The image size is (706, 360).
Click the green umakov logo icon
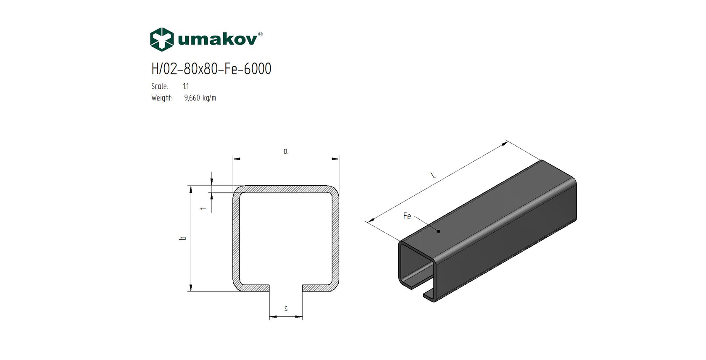tap(162, 39)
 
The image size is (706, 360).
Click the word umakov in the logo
tap(217, 40)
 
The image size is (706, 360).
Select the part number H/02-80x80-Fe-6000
tap(211, 69)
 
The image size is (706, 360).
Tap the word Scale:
tap(160, 86)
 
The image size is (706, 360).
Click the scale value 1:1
tap(186, 86)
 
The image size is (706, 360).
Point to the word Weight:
tap(162, 98)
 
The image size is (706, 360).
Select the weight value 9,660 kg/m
tap(200, 98)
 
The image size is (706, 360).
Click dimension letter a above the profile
tap(286, 151)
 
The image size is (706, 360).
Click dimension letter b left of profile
tap(183, 238)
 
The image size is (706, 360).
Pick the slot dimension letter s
tap(286, 309)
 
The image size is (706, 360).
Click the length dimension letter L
tap(434, 176)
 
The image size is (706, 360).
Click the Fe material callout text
tap(407, 216)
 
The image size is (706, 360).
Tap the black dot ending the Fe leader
tap(438, 231)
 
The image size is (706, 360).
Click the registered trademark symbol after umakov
tap(260, 34)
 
